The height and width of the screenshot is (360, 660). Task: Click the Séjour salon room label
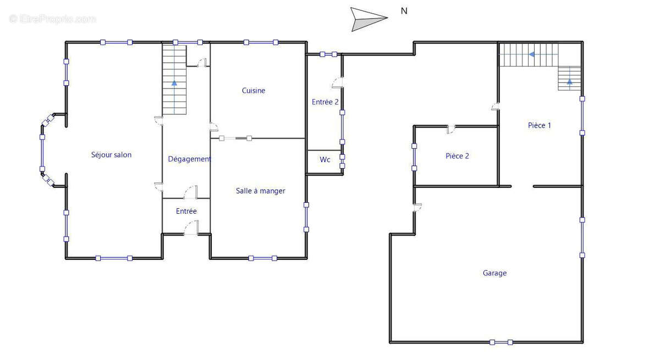click(111, 155)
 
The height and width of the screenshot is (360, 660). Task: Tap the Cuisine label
click(254, 91)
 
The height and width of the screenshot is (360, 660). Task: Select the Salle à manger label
click(261, 191)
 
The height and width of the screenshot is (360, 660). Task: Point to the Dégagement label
click(189, 159)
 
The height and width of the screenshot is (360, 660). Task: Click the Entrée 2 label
click(325, 102)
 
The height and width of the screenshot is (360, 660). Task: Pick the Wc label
click(324, 159)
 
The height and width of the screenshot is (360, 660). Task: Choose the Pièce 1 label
click(539, 125)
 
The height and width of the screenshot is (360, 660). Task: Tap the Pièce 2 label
click(457, 156)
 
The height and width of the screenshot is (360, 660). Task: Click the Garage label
click(494, 273)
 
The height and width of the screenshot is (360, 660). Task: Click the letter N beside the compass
click(404, 11)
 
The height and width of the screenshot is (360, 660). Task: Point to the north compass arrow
click(369, 19)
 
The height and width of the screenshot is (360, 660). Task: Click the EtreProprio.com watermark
click(52, 19)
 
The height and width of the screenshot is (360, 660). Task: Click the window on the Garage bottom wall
click(501, 342)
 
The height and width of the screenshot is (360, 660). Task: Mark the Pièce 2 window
click(414, 157)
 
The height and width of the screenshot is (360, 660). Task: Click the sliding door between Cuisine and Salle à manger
click(235, 139)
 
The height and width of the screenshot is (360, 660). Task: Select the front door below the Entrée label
click(191, 228)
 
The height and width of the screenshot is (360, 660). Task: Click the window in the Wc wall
click(342, 161)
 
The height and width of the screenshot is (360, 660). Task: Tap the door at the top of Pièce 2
click(450, 129)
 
